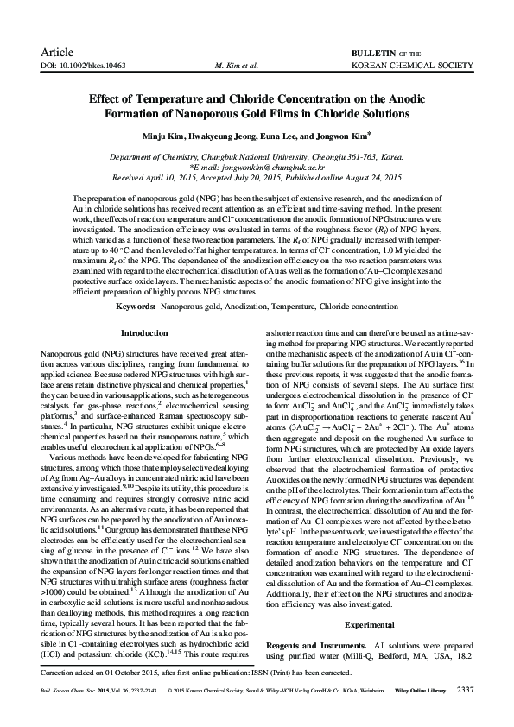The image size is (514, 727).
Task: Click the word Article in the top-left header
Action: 57,52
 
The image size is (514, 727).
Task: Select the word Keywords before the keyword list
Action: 135,306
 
